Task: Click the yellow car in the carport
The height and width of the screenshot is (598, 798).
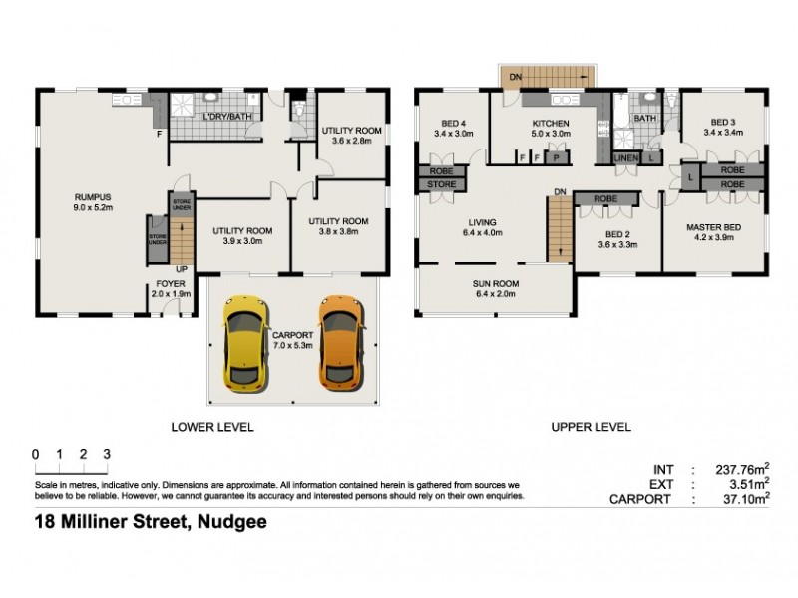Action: tap(242, 345)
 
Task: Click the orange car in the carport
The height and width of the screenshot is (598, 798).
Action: tap(338, 342)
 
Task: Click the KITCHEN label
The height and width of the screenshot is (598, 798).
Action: tap(550, 123)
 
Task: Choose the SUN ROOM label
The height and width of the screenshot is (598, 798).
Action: tap(495, 283)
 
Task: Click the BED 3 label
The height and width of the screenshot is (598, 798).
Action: tap(723, 123)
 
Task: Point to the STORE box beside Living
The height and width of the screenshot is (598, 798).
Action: tap(441, 184)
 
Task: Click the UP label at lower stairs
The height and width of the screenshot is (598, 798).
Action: tap(180, 268)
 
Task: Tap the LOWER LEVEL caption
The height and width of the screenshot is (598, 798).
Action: tap(212, 427)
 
